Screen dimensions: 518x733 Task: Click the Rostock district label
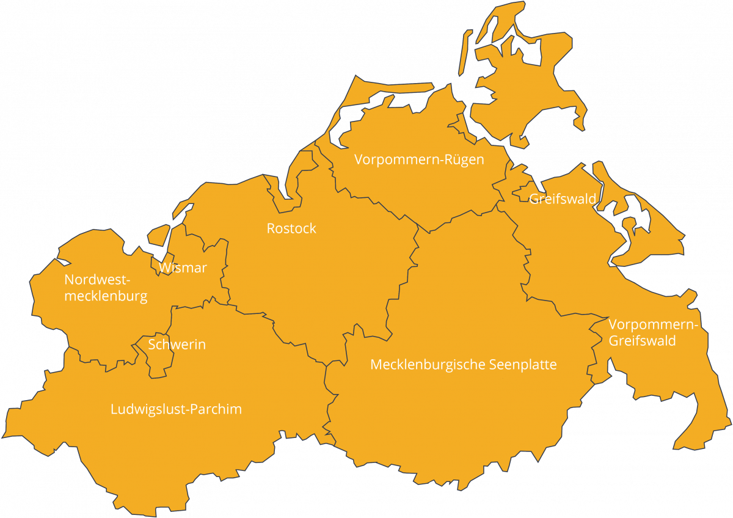pos(291,228)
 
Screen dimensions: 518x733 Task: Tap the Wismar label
pos(183,268)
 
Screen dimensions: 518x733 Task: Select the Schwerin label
pos(177,345)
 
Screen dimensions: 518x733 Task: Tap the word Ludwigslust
pos(147,409)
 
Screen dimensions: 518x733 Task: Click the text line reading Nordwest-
pos(98,280)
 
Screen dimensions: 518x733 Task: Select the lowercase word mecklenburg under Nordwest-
pos(106,297)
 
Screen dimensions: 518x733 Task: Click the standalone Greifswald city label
pos(563,199)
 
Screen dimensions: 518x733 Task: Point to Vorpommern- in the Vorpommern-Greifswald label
pos(653,324)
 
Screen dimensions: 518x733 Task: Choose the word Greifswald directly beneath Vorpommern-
pos(642,340)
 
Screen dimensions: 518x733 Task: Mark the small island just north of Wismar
pos(159,235)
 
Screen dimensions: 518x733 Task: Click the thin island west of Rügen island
pos(465,55)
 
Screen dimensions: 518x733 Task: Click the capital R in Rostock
pos(271,228)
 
